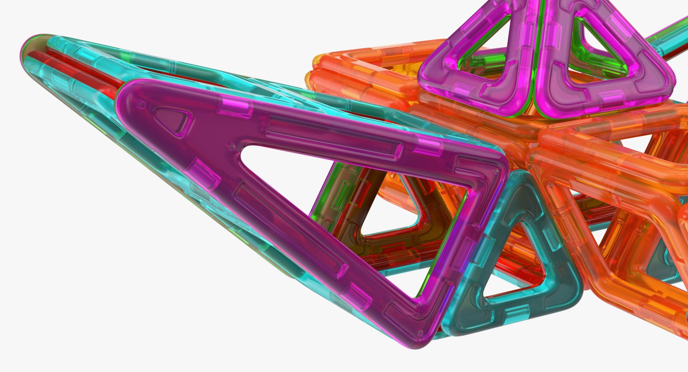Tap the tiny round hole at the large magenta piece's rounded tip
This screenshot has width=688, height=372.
pyautogui.click(x=142, y=105)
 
